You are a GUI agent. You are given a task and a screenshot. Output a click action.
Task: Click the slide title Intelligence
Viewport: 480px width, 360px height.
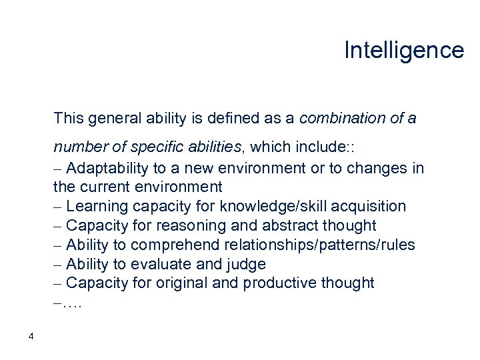[x=403, y=50]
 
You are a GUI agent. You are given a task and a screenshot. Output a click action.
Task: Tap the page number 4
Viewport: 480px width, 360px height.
[x=31, y=336]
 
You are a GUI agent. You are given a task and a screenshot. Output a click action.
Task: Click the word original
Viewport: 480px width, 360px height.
[x=179, y=283]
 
